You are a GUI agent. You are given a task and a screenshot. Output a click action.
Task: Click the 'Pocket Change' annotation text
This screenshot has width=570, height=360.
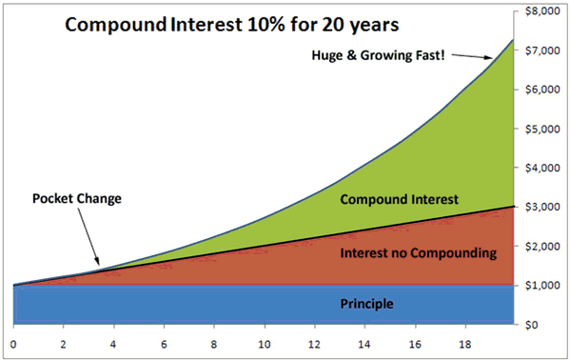pyautogui.click(x=76, y=199)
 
